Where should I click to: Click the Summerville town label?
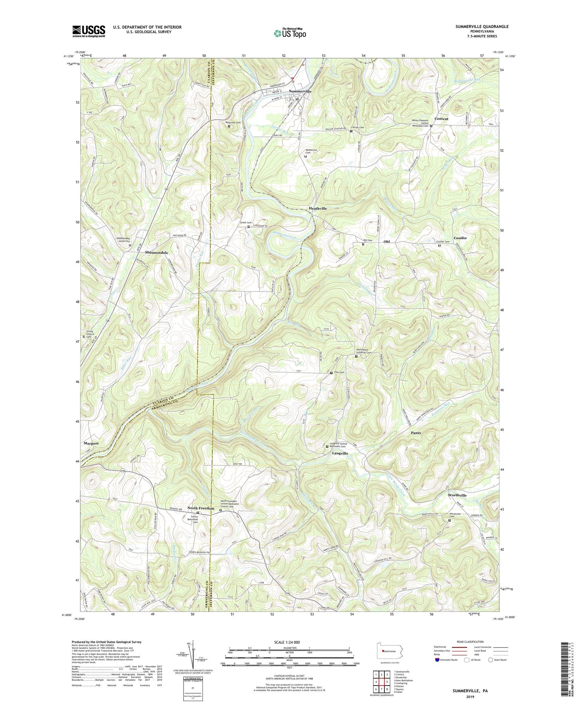(x=300, y=91)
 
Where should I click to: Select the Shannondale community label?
(x=157, y=252)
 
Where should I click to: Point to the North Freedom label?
(x=201, y=508)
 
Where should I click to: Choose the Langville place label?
(x=340, y=453)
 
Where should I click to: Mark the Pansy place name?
(x=416, y=432)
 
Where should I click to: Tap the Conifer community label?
(x=460, y=238)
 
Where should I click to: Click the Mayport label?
(x=91, y=443)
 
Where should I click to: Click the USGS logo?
(x=89, y=31)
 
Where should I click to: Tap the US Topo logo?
(x=290, y=33)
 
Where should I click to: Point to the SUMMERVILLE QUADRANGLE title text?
(x=482, y=26)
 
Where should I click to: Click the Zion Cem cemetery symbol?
(x=331, y=373)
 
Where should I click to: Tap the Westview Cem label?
(x=233, y=122)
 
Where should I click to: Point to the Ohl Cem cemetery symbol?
(x=363, y=245)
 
